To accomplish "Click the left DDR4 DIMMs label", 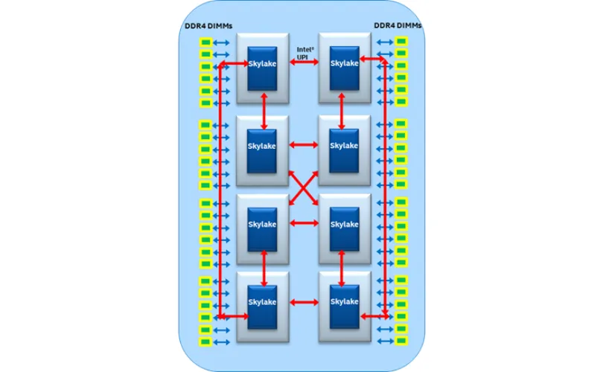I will [208, 25].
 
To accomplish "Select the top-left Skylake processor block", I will [262, 64].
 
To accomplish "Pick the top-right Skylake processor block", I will [345, 64].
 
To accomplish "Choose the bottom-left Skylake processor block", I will [262, 302].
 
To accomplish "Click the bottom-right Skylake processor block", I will [345, 302].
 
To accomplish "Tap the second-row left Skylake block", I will [262, 146].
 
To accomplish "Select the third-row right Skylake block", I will [345, 224].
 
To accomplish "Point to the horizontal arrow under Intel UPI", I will [303, 65].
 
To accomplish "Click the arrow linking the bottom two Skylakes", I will [303, 302].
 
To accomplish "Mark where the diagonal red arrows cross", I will [303, 185].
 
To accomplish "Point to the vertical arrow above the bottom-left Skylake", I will [264, 266].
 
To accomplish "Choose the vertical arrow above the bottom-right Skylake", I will [342, 266].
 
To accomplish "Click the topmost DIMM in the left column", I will [205, 41].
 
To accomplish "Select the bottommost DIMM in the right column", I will [401, 341].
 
